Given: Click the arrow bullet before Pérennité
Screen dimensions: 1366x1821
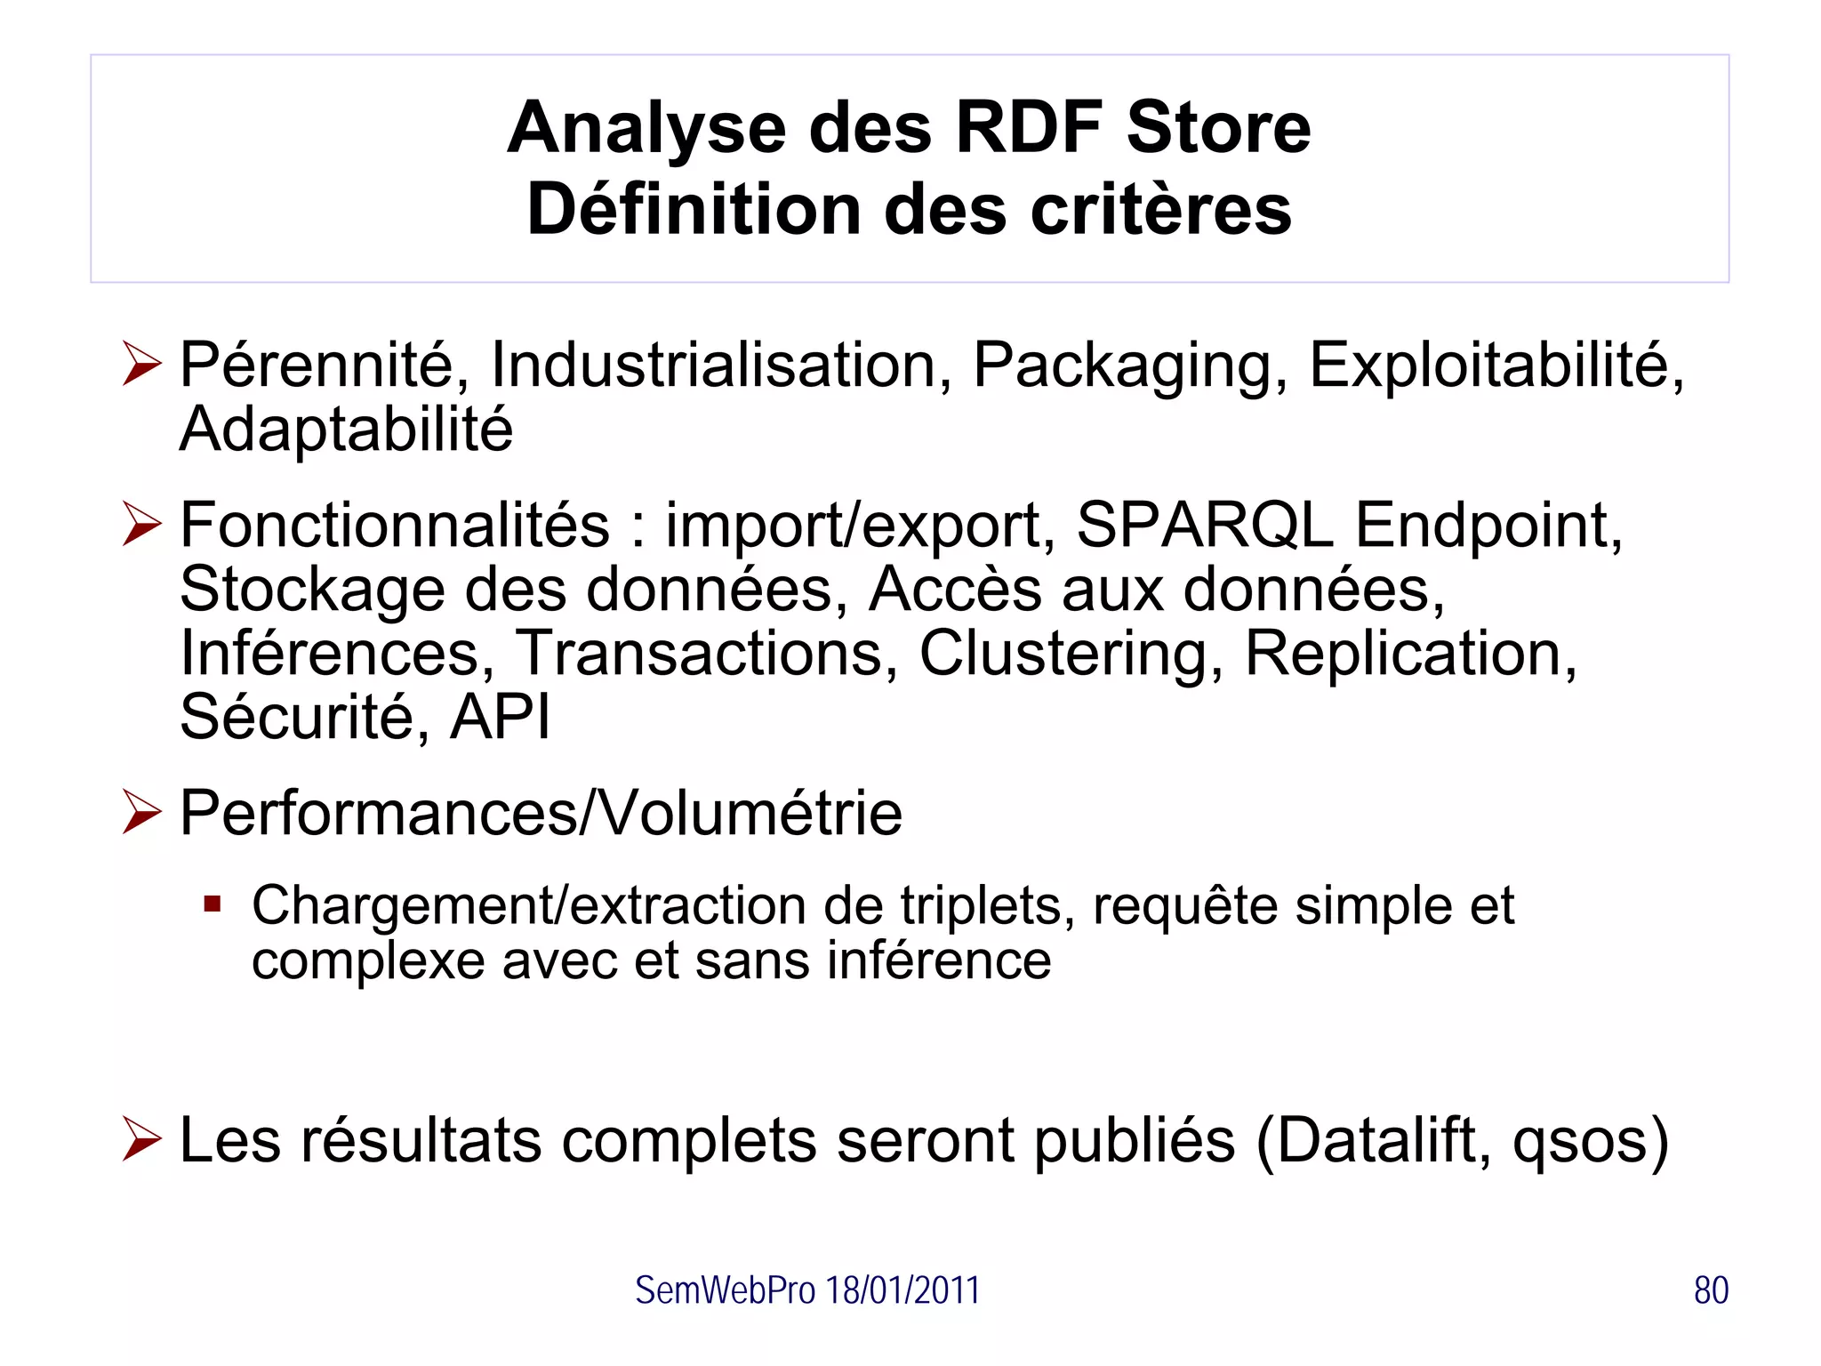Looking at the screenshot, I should coord(142,364).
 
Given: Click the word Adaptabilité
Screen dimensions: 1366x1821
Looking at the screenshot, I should coord(346,429).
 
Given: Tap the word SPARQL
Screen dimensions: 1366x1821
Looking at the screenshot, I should coord(1204,525).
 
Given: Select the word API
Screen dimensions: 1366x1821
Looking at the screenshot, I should coord(500,717).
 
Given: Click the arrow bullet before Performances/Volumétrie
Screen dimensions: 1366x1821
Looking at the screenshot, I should coord(142,812).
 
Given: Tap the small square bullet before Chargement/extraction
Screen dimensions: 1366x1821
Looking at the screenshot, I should coord(212,905).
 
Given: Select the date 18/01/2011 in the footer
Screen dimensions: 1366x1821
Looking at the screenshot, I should coord(902,1290).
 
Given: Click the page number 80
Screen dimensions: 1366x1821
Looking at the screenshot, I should coord(1711,1290).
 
